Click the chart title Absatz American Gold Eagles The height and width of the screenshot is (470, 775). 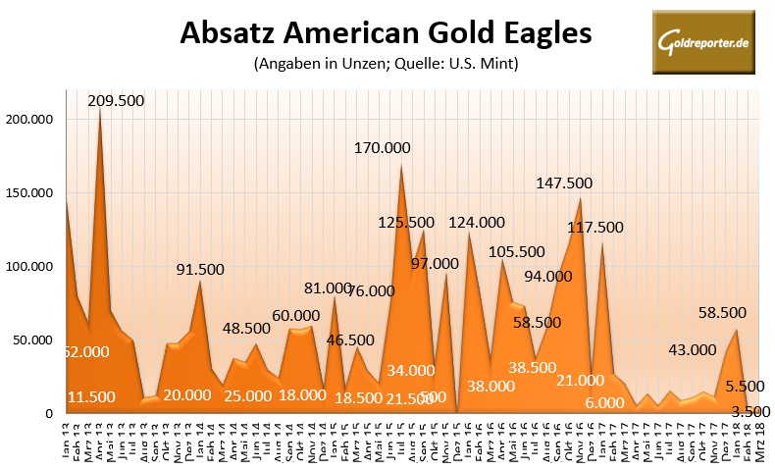(x=387, y=34)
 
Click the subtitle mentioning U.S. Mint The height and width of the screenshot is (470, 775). (x=386, y=66)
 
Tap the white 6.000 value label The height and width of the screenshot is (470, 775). (x=604, y=402)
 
